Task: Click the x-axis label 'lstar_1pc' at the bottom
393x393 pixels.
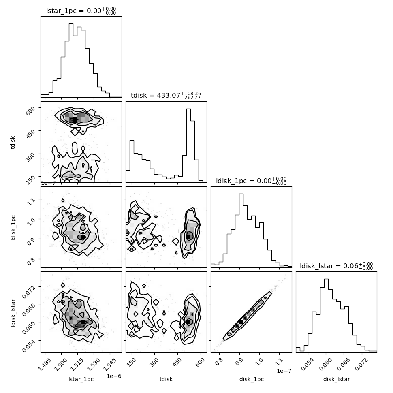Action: tap(81, 379)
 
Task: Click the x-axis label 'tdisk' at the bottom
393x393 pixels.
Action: tap(166, 379)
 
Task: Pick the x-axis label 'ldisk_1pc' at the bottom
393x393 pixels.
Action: tap(251, 379)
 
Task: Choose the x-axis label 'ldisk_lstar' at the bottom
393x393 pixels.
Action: tap(336, 379)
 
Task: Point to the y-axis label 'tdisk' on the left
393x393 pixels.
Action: tap(13, 142)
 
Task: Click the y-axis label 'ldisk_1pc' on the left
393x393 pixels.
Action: tap(13, 227)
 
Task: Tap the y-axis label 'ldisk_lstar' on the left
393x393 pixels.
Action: tap(13, 312)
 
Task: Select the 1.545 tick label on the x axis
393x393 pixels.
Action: tap(110, 365)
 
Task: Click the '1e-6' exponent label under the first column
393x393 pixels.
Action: tap(114, 376)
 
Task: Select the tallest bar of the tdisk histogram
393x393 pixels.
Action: tap(189, 145)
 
